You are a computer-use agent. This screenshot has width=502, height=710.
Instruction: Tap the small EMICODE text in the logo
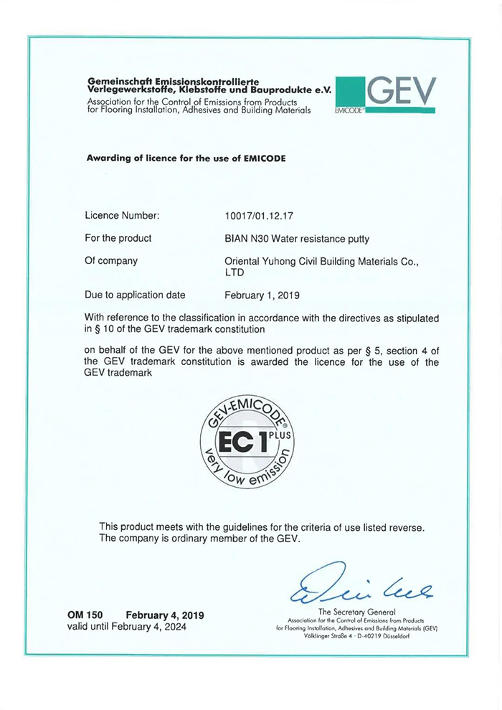tap(349, 112)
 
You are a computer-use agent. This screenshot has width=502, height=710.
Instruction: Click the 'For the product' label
tap(118, 238)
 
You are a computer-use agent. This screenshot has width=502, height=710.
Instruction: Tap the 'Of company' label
tap(111, 262)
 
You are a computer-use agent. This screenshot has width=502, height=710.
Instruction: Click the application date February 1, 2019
tap(262, 295)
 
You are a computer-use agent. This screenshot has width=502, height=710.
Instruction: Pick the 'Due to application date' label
tap(135, 295)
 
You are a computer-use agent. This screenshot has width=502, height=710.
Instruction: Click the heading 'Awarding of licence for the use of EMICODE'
tap(186, 158)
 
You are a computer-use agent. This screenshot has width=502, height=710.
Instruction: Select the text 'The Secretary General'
tap(356, 611)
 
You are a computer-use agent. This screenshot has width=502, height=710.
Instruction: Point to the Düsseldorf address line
tap(356, 636)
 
